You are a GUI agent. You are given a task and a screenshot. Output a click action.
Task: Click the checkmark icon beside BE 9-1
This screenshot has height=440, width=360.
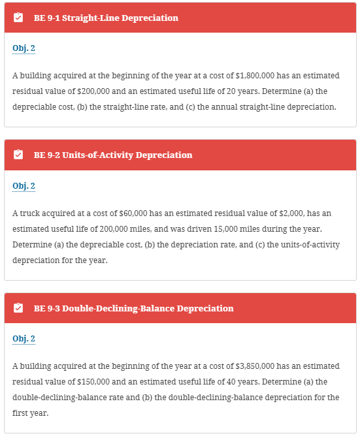(x=18, y=18)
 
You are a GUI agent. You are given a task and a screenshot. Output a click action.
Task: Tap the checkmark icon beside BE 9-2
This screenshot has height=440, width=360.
(x=18, y=155)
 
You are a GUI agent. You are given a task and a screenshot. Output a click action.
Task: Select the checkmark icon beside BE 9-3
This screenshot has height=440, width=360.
(x=18, y=308)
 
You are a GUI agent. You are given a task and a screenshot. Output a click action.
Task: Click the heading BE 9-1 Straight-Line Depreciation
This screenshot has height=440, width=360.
(x=106, y=18)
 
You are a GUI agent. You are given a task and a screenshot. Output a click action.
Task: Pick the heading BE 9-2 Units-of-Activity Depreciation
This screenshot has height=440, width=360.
(x=113, y=155)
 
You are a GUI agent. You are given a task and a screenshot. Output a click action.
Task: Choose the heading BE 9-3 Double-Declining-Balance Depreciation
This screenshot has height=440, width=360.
(x=133, y=308)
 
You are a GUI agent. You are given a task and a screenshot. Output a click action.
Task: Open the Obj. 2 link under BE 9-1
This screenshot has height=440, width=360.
(x=24, y=48)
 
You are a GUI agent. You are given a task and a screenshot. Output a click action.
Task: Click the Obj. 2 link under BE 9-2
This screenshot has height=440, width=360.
(x=24, y=186)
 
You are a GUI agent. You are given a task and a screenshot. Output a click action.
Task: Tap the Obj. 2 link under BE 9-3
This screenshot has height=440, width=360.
(x=24, y=339)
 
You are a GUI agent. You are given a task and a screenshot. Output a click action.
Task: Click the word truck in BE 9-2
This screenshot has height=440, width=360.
(x=29, y=213)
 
